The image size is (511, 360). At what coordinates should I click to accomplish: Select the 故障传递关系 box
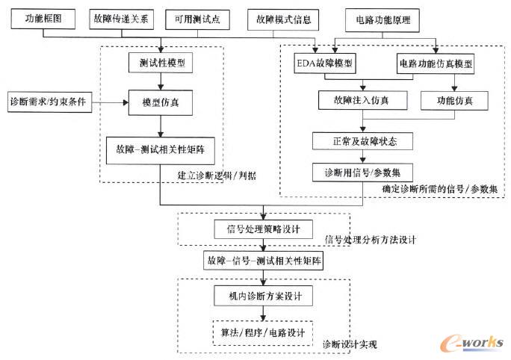121,19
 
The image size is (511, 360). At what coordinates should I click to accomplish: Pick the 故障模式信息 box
282,19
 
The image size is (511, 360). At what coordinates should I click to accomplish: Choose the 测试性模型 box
161,63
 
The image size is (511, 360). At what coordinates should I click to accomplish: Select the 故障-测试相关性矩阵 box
161,149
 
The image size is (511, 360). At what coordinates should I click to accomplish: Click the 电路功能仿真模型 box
436,63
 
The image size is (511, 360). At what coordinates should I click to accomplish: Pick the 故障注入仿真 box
363,99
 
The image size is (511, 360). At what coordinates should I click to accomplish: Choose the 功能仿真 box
454,99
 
